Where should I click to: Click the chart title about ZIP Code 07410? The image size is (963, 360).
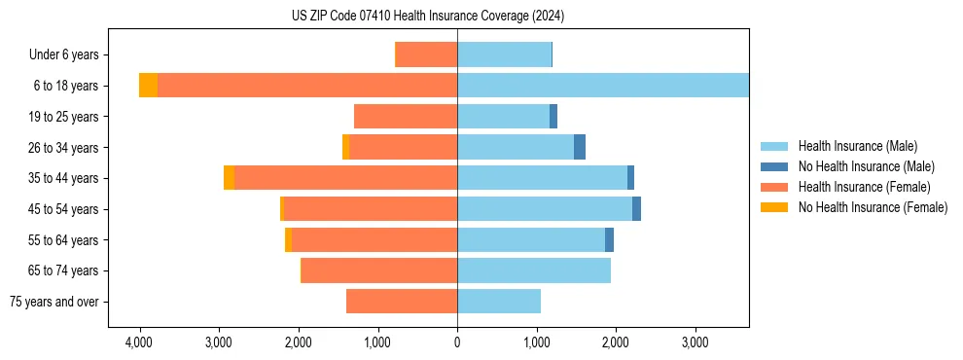click(x=427, y=16)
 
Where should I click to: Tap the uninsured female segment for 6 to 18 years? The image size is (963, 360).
click(x=148, y=86)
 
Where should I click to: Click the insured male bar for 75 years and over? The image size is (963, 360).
click(x=499, y=302)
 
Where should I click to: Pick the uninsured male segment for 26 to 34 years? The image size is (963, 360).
click(x=580, y=147)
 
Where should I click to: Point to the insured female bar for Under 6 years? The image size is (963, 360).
click(x=426, y=54)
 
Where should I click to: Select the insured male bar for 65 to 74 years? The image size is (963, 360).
click(x=534, y=270)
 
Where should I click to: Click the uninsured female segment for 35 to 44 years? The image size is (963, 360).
click(x=229, y=178)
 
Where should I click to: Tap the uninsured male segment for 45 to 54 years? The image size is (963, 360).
click(x=636, y=209)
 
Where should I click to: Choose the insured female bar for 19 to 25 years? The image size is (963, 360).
click(x=406, y=117)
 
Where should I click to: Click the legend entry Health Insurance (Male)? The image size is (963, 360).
click(x=855, y=146)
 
